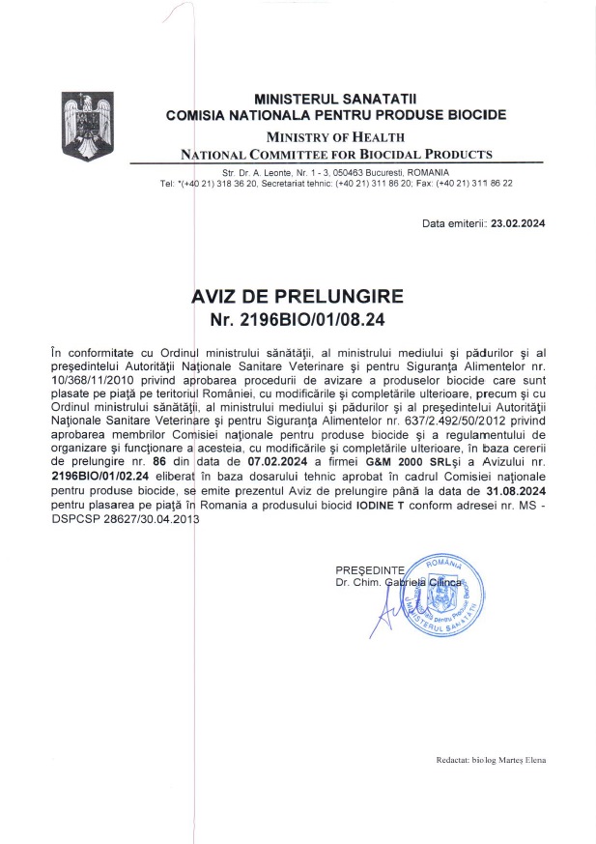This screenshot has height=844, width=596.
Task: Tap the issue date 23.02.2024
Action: click(518, 223)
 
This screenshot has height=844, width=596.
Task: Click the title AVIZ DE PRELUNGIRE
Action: click(298, 296)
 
